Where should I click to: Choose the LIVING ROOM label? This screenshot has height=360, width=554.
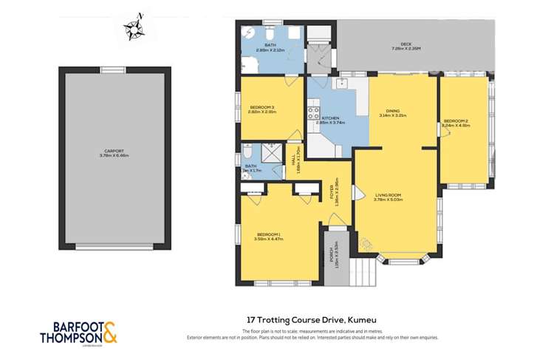[x=391, y=195]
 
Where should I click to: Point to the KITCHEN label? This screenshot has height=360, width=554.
[x=330, y=120]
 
